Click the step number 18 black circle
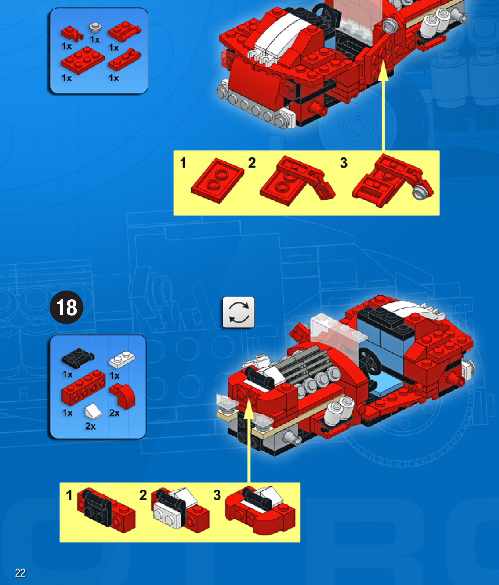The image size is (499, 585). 66,307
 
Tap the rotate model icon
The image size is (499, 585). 239,312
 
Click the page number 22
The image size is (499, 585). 20,573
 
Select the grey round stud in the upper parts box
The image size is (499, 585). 96,27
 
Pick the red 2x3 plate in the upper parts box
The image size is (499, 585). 83,60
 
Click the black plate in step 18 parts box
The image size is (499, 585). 78,358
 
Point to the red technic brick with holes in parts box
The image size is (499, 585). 83,388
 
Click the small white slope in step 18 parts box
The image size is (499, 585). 93,411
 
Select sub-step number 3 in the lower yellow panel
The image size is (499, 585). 217,495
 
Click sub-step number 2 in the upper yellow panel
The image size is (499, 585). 252,163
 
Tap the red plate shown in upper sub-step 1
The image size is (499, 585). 217,181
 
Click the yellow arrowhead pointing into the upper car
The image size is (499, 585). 383,71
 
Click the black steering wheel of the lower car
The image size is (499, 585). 370,362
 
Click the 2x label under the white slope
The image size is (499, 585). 90,426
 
